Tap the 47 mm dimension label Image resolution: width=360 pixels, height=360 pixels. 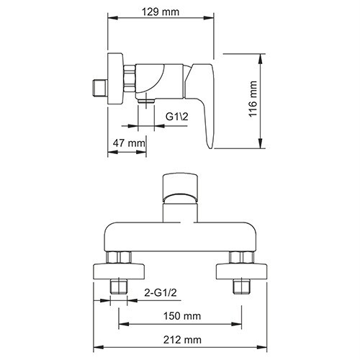(127, 143)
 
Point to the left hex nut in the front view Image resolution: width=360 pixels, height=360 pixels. (120, 258)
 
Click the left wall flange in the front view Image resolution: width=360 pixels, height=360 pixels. (120, 272)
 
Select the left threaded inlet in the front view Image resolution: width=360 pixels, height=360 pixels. (120, 288)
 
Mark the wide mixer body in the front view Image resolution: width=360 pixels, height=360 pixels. (179, 234)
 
